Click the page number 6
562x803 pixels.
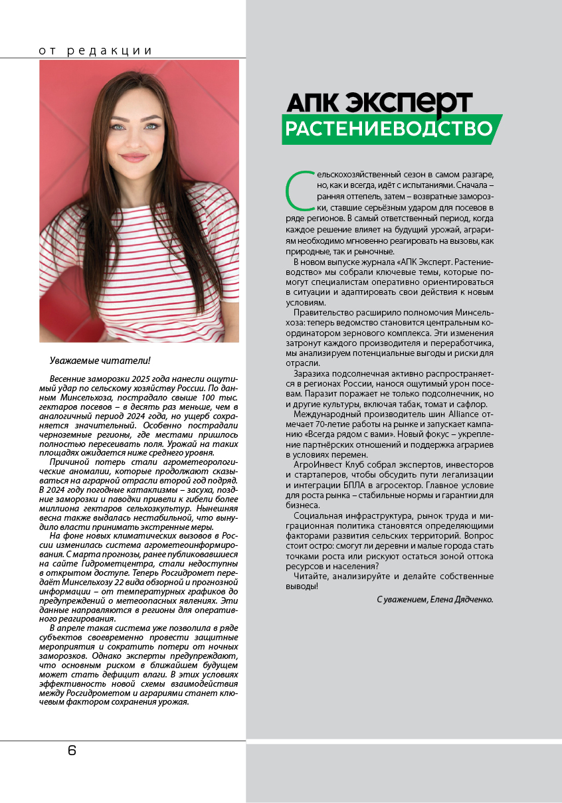click(x=72, y=751)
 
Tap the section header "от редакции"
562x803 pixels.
click(x=96, y=50)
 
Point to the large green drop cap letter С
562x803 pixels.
click(x=298, y=191)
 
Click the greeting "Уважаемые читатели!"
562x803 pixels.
click(x=100, y=361)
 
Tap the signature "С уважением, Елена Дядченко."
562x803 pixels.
click(x=435, y=599)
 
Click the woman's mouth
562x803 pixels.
click(x=134, y=158)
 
